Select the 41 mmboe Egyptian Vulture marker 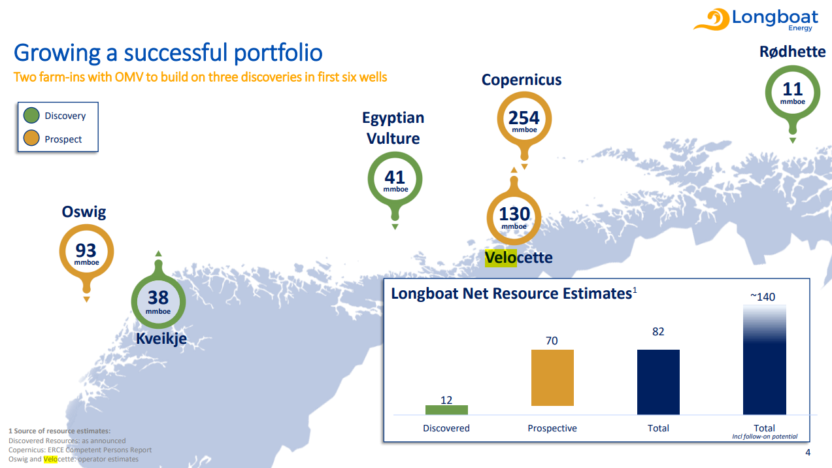pyautogui.click(x=395, y=179)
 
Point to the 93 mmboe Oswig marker pyautogui.click(x=86, y=252)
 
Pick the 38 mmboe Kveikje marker pyautogui.click(x=158, y=300)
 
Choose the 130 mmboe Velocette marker pyautogui.click(x=514, y=216)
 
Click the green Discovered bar pyautogui.click(x=446, y=410)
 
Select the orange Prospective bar pyautogui.click(x=552, y=378)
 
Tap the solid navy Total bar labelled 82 pyautogui.click(x=658, y=382)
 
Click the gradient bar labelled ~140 pyautogui.click(x=764, y=359)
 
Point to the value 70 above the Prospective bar pyautogui.click(x=552, y=341)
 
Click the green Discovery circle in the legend pyautogui.click(x=31, y=116)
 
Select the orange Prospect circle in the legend pyautogui.click(x=31, y=139)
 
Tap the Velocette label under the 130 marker pyautogui.click(x=518, y=258)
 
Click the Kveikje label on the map pyautogui.click(x=161, y=338)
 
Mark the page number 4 pyautogui.click(x=808, y=454)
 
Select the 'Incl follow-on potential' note pyautogui.click(x=765, y=437)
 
